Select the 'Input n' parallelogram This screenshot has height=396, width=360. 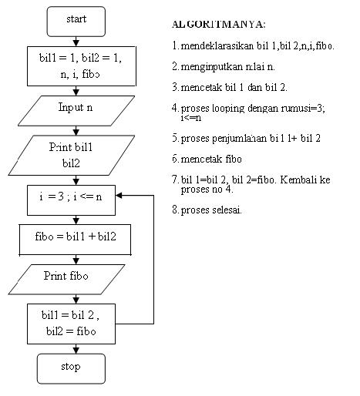tap(75, 108)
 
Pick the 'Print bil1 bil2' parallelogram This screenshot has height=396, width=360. tap(75, 154)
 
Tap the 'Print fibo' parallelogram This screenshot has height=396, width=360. tap(75, 276)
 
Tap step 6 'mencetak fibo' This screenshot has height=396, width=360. tap(209, 159)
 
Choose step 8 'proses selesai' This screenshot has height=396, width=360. tap(211, 210)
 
